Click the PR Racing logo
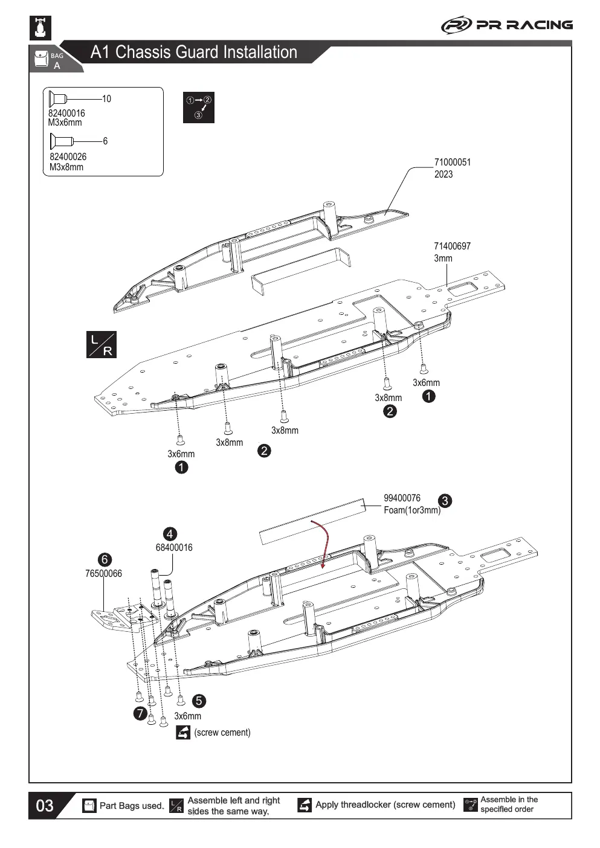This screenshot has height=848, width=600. coord(507,25)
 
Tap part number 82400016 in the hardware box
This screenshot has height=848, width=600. coord(66,113)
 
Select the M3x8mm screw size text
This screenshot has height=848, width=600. coord(66,167)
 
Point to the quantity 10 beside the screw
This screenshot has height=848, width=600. coord(106,99)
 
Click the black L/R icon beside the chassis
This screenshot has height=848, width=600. coord(102,344)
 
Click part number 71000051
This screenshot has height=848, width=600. coord(453,162)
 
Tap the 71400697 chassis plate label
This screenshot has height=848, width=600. coord(453,246)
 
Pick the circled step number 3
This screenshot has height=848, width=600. coord(445,501)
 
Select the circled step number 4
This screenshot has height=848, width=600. coord(170,534)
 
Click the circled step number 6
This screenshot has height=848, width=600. coord(105,559)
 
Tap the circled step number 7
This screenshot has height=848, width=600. coord(140,713)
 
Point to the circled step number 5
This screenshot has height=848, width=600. coord(199,701)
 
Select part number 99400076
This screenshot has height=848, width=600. coord(402,498)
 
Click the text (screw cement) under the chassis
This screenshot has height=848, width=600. coord(222,733)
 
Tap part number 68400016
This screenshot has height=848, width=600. coord(174,547)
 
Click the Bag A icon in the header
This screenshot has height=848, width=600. coord(49,60)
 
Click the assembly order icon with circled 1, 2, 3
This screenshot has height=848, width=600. coord(198,108)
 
